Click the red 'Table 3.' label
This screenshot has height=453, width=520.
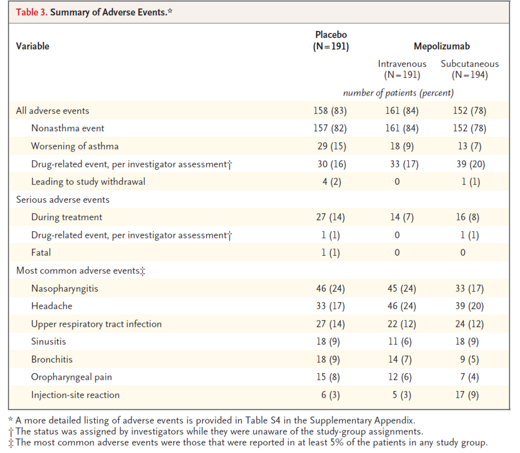tap(32, 12)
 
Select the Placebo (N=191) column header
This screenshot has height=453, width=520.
tap(331, 41)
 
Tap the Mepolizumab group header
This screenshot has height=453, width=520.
tap(442, 46)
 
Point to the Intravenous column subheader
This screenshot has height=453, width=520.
tap(402, 69)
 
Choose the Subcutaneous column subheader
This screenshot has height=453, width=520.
tap(470, 69)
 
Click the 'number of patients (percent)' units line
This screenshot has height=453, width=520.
tap(398, 93)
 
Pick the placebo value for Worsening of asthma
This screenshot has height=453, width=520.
tap(332, 146)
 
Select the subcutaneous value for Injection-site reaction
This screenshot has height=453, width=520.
tap(467, 395)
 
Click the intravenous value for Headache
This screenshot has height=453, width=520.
tap(402, 306)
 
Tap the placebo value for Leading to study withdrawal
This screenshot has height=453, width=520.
tap(332, 182)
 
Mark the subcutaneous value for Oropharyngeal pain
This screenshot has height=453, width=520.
tap(469, 377)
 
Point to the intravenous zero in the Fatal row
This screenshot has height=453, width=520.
tap(397, 253)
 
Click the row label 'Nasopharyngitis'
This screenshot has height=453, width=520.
tap(64, 288)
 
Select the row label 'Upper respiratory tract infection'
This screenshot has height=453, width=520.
tap(96, 324)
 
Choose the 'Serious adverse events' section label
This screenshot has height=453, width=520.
tap(62, 200)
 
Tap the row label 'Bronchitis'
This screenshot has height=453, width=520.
tap(52, 359)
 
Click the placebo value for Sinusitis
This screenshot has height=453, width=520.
tap(328, 342)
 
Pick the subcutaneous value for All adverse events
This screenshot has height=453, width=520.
tap(470, 111)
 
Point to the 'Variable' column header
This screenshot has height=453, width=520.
tap(32, 46)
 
